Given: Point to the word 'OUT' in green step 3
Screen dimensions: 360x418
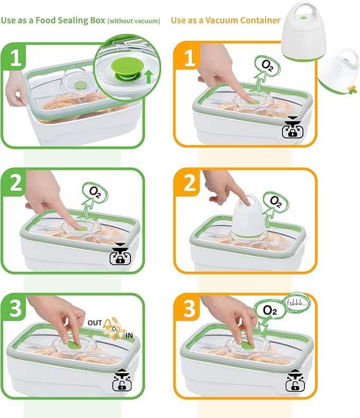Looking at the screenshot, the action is click(x=95, y=323).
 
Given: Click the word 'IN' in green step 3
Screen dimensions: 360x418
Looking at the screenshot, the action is click(x=129, y=336).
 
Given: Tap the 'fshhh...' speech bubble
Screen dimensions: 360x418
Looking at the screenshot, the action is click(x=297, y=304).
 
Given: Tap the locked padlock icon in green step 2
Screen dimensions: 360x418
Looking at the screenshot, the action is click(x=120, y=254).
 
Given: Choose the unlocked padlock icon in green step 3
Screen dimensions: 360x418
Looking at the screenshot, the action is click(x=122, y=380).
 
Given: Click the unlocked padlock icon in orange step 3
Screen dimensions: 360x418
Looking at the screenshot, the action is click(x=295, y=380).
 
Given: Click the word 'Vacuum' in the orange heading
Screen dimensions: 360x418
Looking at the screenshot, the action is click(x=222, y=20).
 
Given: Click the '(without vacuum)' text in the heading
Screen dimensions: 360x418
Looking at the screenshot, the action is click(x=134, y=21).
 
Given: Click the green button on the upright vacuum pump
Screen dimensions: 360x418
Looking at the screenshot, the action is click(x=303, y=18).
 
